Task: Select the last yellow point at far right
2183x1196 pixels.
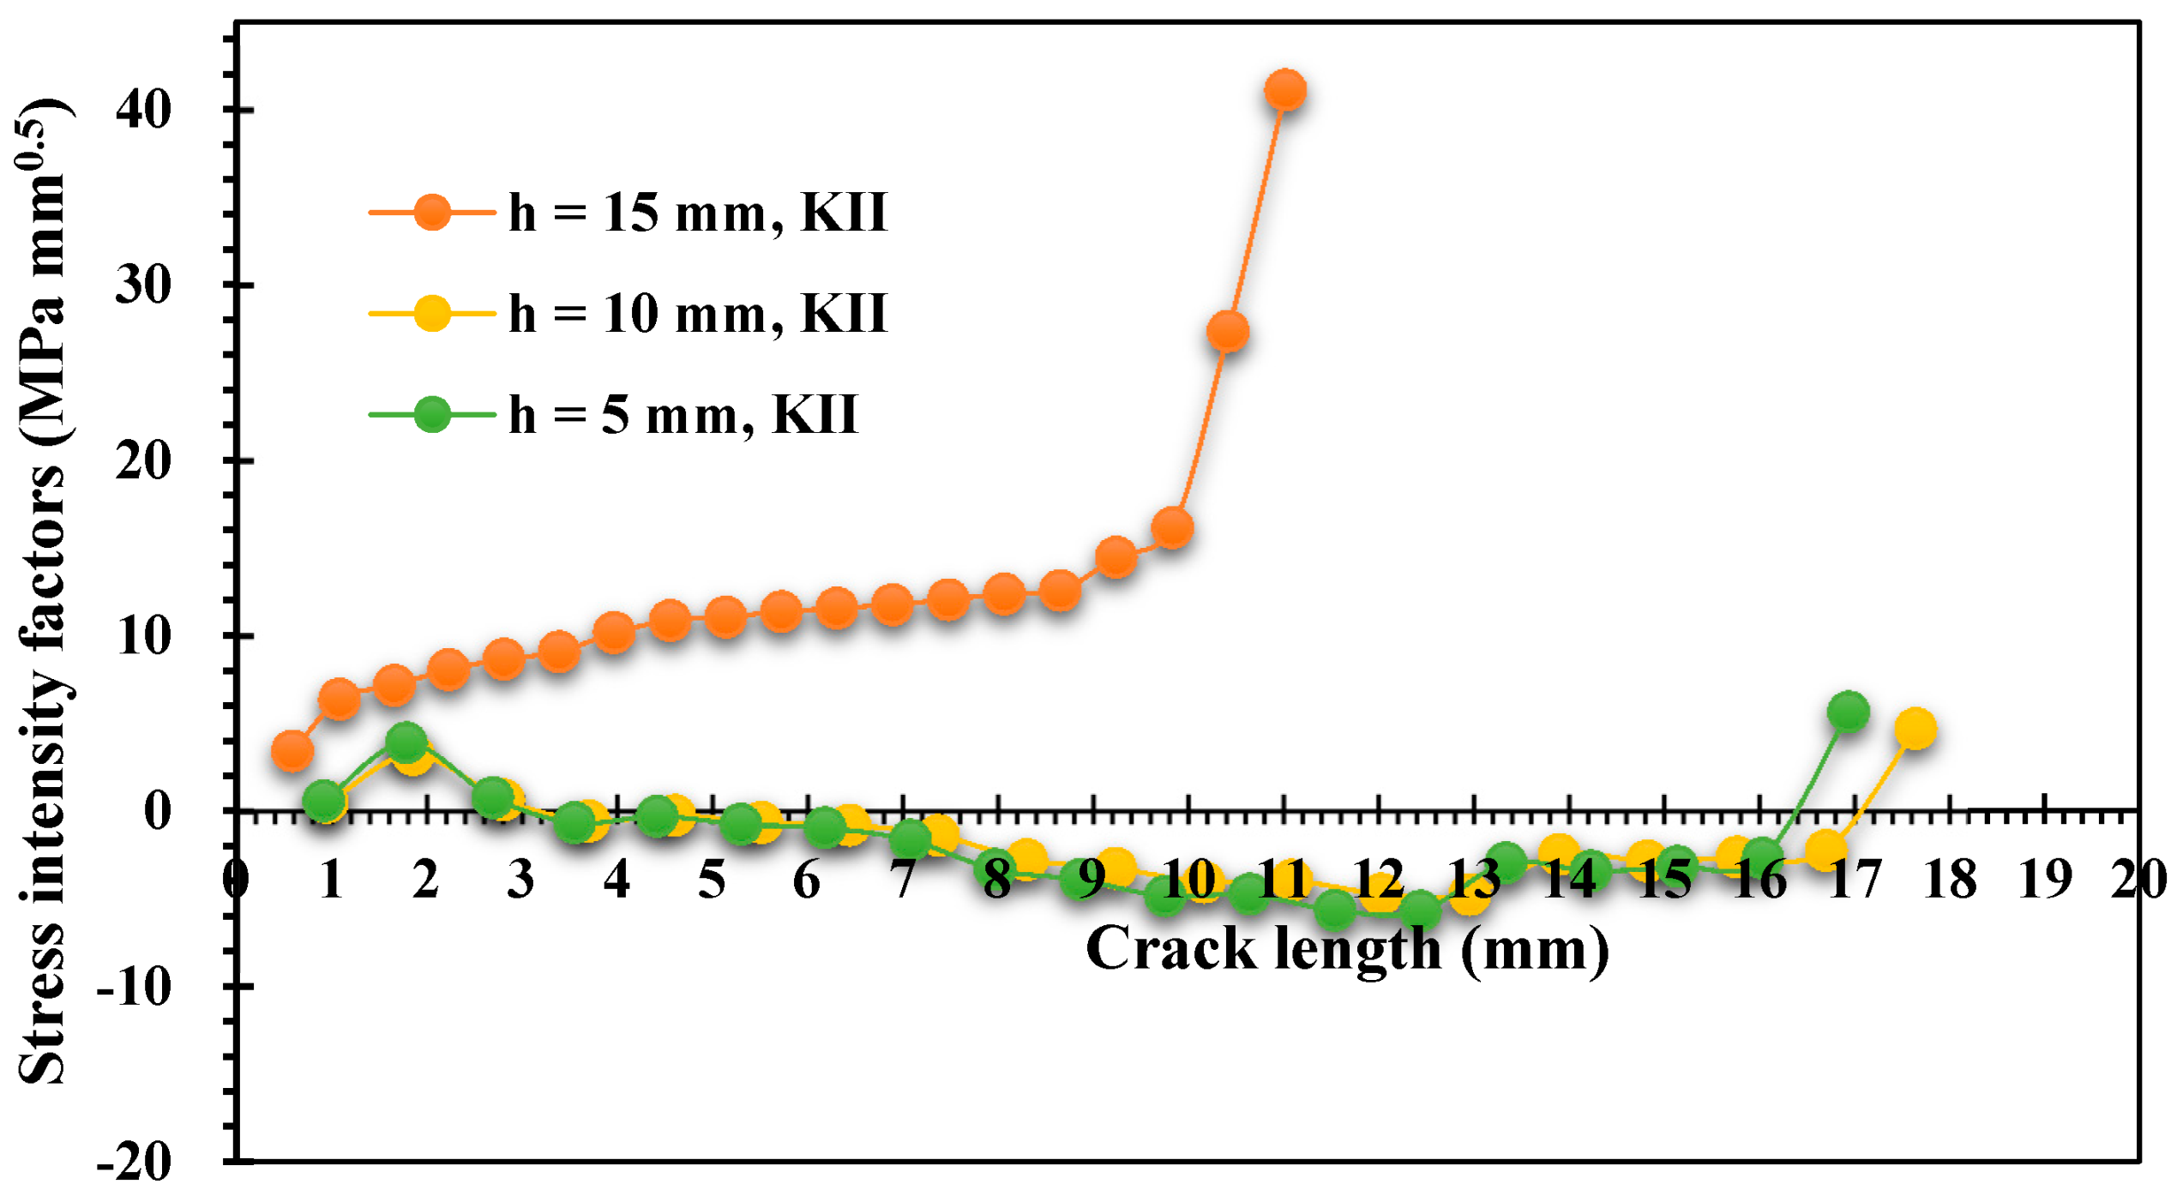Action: coord(1915,729)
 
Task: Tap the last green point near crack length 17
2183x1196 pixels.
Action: coord(1848,711)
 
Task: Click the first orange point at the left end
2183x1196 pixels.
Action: coord(292,751)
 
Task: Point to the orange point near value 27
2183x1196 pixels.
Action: coord(1227,332)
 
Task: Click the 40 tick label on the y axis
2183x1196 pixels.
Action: coord(143,110)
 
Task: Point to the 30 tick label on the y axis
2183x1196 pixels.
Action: coord(143,285)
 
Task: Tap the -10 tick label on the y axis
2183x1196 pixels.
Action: coord(135,988)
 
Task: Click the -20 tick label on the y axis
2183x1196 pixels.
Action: coord(135,1163)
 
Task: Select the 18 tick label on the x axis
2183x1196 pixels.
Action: coord(1950,880)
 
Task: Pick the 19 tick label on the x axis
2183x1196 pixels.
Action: coord(2045,880)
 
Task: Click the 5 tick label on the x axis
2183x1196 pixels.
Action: coord(712,880)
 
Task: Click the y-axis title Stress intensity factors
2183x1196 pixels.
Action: coord(43,592)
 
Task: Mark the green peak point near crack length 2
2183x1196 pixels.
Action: coord(406,739)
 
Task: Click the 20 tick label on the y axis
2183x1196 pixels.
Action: coord(143,461)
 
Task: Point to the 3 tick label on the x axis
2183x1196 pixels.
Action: coord(520,880)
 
